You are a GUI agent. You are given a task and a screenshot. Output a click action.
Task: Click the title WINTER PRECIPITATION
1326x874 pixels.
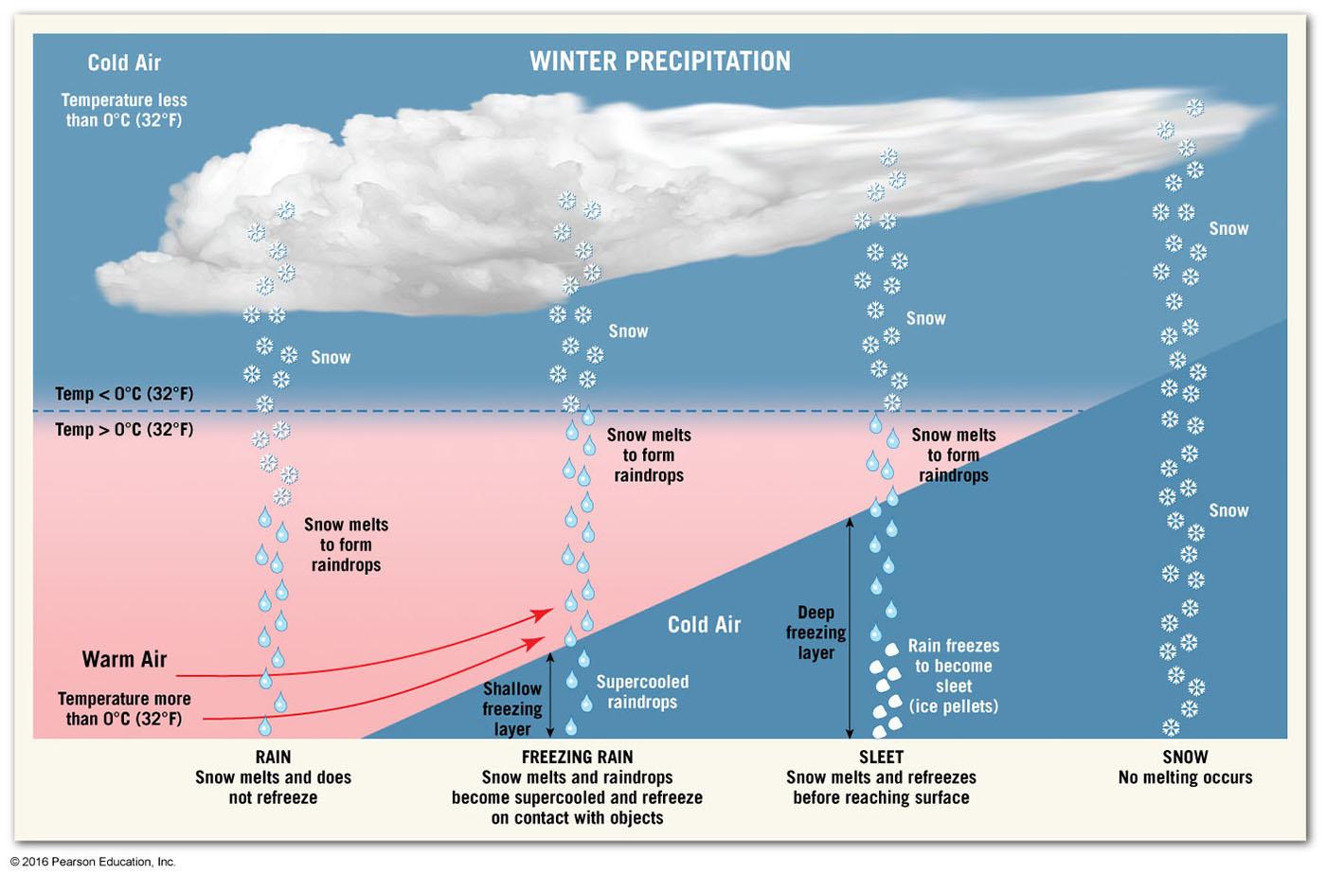[659, 62]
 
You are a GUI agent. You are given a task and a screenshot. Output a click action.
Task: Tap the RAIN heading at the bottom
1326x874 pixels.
[273, 757]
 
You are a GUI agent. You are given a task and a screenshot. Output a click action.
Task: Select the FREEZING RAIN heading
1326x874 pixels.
[577, 757]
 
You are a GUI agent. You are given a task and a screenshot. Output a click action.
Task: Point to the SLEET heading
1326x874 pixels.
[881, 757]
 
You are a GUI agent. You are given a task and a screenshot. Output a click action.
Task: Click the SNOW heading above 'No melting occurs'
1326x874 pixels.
[1185, 757]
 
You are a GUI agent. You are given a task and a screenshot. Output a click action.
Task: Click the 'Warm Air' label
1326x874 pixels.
[124, 659]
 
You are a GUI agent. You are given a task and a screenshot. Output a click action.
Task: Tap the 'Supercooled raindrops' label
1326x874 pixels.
[642, 692]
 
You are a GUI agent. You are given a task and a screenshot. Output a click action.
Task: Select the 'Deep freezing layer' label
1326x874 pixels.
[815, 633]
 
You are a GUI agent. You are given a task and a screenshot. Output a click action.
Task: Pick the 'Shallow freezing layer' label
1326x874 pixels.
[511, 708]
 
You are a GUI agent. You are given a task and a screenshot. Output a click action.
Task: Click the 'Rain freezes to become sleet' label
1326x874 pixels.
[953, 676]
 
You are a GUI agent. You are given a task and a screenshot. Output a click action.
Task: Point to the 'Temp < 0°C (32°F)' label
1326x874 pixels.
[124, 394]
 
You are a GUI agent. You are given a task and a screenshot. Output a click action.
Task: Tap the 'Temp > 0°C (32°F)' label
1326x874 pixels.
[124, 430]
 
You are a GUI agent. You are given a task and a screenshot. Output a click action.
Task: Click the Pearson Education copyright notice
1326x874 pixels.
[93, 862]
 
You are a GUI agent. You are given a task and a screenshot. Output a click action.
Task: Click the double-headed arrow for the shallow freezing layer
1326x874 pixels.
[551, 693]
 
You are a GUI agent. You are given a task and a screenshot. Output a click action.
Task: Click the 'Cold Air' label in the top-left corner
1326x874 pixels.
[124, 63]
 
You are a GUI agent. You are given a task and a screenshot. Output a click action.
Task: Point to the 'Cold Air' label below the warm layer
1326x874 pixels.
[704, 625]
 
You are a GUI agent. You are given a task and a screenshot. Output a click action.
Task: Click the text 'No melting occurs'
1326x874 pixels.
[1185, 777]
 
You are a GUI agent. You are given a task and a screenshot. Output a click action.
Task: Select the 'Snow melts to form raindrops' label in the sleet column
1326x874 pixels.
[953, 455]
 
